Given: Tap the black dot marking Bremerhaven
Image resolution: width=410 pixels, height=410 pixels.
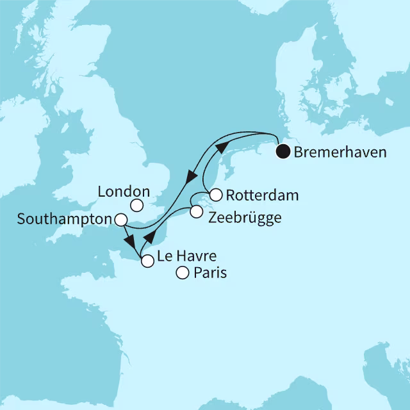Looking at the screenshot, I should pos(283,152).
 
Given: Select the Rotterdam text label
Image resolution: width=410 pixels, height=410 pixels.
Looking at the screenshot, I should pos(253,194).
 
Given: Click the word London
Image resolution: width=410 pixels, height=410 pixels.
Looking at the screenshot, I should pos(124,191).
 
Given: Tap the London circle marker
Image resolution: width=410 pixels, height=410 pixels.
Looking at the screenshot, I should pos(136,206).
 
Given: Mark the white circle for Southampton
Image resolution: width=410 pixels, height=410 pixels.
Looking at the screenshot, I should pos(120,220).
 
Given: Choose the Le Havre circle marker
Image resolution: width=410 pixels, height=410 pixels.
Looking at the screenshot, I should pos(147,261).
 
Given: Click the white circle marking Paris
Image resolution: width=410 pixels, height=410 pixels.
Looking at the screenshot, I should pos(183,274).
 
